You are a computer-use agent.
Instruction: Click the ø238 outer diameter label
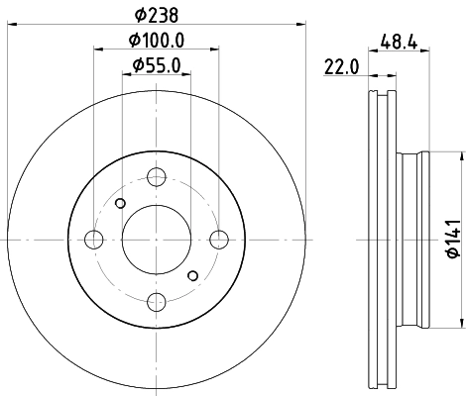click(x=158, y=13)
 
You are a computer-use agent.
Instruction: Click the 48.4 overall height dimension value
click(x=398, y=43)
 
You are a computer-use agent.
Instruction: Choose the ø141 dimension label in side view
click(x=449, y=238)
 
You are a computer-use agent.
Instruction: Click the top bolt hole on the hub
click(x=157, y=178)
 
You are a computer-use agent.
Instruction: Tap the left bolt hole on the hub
click(x=95, y=239)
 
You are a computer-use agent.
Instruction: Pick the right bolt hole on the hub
click(x=219, y=239)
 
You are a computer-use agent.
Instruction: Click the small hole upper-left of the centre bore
click(x=120, y=203)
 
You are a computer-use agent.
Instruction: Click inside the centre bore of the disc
click(x=157, y=239)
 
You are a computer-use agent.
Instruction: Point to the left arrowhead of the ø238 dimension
click(x=11, y=25)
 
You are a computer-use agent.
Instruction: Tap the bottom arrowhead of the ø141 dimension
click(x=462, y=321)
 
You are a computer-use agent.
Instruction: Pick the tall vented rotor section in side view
click(x=381, y=239)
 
